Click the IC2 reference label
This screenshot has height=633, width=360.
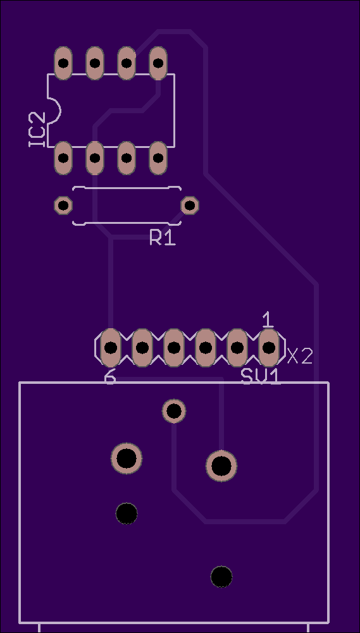point(37,130)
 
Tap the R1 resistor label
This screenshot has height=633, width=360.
point(163,237)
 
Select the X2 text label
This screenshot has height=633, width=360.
point(300,356)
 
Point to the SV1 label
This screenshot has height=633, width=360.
point(261,376)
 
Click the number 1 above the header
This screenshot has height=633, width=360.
point(268,320)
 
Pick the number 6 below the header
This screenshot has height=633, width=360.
point(110,378)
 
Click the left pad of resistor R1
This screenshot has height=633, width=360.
point(63,206)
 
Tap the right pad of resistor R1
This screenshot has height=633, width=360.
point(190,206)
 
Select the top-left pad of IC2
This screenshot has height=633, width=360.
point(63,63)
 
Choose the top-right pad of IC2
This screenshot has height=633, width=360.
point(158,63)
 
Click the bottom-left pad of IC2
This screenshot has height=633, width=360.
point(63,158)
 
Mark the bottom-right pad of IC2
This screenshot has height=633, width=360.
point(158,158)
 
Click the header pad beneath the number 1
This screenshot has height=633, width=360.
point(269,348)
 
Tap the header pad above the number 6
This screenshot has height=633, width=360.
point(110,348)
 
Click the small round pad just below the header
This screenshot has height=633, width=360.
point(174,411)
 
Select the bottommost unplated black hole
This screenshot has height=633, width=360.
point(221,577)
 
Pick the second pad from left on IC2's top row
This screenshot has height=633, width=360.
point(94,63)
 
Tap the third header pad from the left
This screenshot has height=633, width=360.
point(174,348)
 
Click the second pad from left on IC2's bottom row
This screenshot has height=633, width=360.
point(94,158)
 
